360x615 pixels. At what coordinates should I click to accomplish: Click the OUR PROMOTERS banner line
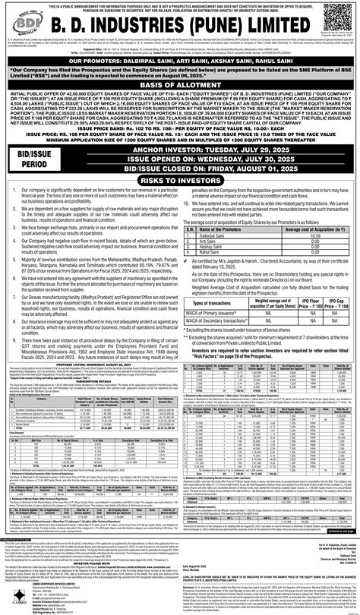(180, 58)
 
